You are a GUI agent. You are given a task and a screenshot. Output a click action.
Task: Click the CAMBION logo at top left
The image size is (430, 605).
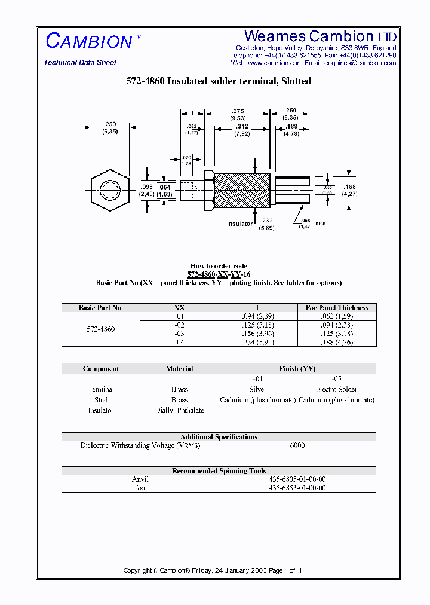[90, 41]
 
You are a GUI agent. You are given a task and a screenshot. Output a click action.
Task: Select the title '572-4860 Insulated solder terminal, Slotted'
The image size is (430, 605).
[219, 81]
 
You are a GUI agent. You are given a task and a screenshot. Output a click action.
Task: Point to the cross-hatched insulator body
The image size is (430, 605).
[242, 190]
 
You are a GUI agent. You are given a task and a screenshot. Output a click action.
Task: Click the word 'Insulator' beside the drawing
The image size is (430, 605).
[240, 224]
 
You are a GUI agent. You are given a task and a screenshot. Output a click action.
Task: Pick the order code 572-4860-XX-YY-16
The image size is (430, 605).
[219, 274]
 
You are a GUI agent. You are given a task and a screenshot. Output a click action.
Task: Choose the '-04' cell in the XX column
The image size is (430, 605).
[180, 342]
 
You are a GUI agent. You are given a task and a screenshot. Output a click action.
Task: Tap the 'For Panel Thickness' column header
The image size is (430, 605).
[337, 308]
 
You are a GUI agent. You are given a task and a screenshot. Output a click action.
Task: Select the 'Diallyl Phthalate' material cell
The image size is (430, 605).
[179, 410]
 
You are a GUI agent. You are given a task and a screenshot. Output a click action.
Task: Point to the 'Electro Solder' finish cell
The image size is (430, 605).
[337, 389]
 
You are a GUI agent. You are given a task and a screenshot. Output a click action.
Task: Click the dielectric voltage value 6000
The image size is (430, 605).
[297, 445]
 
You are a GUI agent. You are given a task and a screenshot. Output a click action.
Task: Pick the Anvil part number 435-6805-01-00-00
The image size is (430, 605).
[297, 479]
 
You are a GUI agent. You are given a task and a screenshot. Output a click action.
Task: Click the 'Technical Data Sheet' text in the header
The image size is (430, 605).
[80, 63]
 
